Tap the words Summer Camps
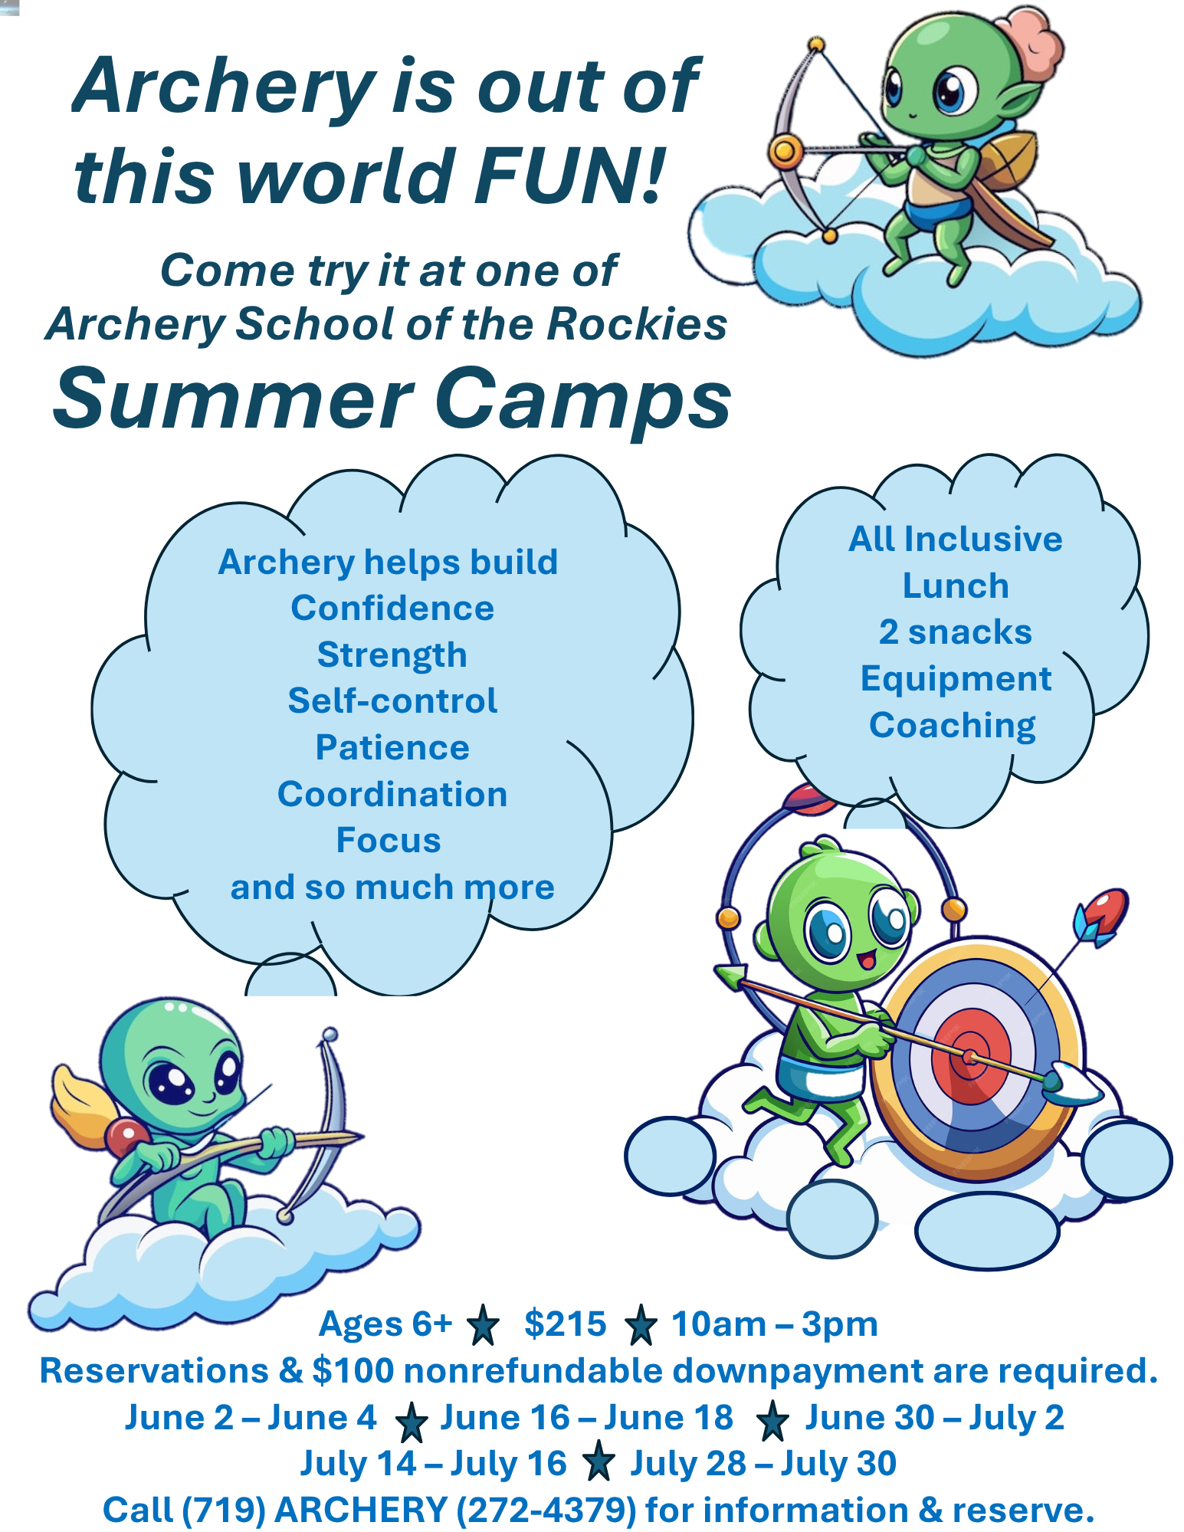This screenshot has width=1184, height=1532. [x=392, y=399]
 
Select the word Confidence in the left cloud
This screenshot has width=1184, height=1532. [x=392, y=609]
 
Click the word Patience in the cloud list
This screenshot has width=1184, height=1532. [x=392, y=747]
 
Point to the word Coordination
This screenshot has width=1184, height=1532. [x=392, y=794]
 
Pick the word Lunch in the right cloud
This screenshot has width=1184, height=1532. [x=956, y=586]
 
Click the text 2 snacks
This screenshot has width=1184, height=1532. [x=956, y=632]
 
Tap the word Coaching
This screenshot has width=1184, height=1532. [x=953, y=726]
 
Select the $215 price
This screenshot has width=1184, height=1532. [x=565, y=1324]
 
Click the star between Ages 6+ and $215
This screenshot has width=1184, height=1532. [x=483, y=1326]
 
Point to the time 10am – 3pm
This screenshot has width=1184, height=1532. [x=775, y=1325]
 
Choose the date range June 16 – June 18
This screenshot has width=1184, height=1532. [x=587, y=1418]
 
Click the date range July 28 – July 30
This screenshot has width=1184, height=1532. [x=763, y=1464]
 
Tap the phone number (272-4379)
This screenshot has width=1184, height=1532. [x=546, y=1511]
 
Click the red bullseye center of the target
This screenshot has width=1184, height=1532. [x=971, y=1058]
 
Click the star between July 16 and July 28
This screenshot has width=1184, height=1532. [x=599, y=1461]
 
